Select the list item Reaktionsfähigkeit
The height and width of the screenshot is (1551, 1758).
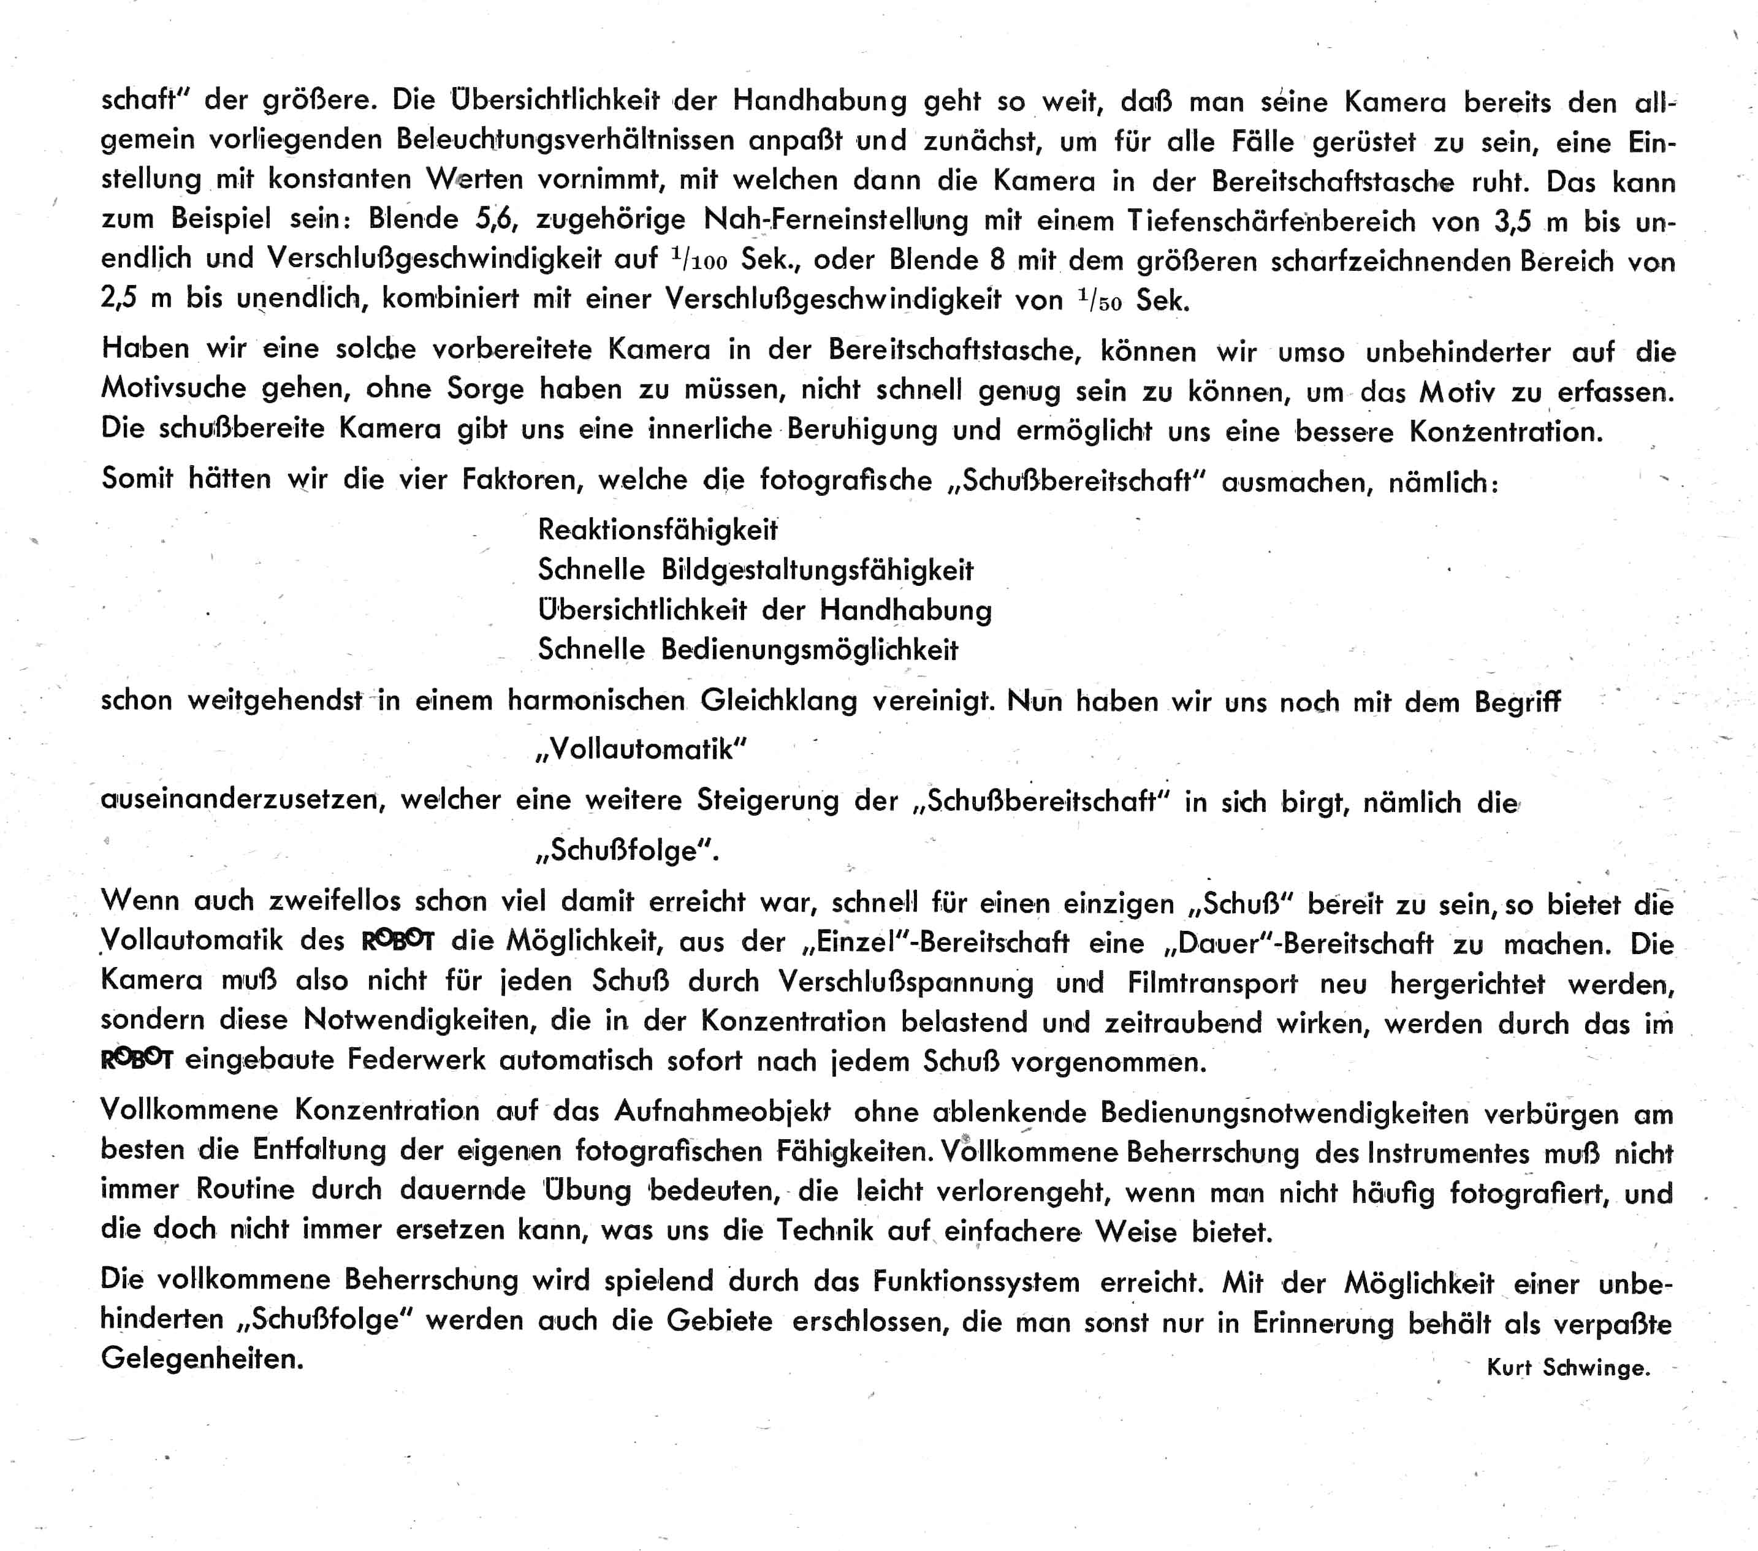657,529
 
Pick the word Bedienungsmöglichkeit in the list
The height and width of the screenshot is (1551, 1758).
809,650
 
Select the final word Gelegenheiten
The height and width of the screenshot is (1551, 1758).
202,1359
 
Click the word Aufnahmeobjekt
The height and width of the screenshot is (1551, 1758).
723,1111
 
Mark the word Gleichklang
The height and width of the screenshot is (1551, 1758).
778,700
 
